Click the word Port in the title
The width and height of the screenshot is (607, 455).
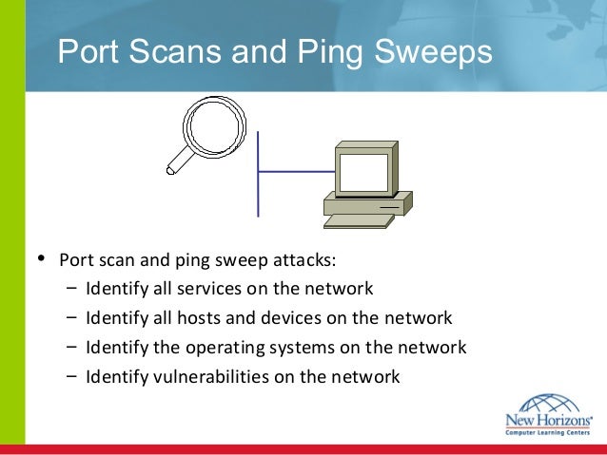click(x=88, y=52)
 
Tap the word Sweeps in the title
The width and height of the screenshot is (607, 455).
click(x=439, y=52)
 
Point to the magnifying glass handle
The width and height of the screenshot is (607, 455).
click(x=177, y=164)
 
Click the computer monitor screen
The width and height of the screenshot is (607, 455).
click(x=361, y=174)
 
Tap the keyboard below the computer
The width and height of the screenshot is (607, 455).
click(x=358, y=221)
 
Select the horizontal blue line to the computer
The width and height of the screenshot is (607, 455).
click(x=295, y=172)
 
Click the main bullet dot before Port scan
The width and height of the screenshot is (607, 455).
click(x=39, y=258)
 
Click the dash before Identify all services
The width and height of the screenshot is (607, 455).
click(x=72, y=289)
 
